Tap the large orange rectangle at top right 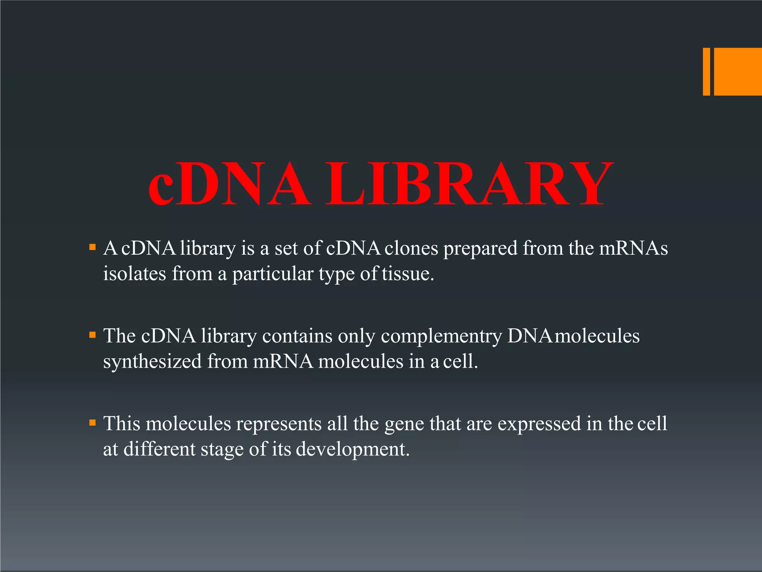(x=738, y=71)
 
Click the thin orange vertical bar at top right (x=706, y=71)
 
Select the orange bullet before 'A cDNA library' (x=93, y=247)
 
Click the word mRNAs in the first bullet (x=633, y=248)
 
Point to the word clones (x=411, y=248)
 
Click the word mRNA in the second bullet (x=283, y=362)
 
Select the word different (x=159, y=449)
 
